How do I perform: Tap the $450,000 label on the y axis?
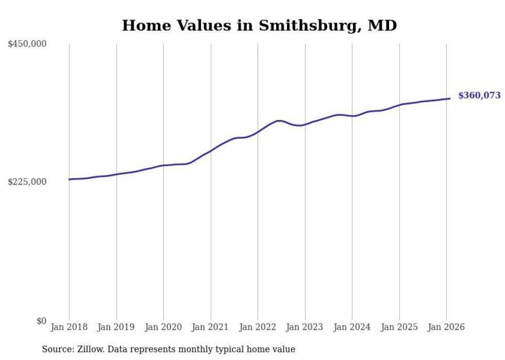[27, 44]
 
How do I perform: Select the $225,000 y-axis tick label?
[27, 182]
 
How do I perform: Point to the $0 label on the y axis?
[41, 321]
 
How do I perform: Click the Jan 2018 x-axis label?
[69, 327]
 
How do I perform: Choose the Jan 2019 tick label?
[116, 327]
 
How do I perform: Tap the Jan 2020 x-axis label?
[163, 327]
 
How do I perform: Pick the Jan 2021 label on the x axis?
[210, 327]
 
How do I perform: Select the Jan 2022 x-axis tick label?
[258, 327]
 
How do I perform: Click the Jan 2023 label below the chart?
[305, 327]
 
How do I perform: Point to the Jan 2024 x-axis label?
[352, 327]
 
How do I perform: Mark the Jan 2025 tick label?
[399, 327]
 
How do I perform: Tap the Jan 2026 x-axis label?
[446, 327]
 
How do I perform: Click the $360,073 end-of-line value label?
[479, 95]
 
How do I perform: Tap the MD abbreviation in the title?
[382, 25]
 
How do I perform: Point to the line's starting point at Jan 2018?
[70, 179]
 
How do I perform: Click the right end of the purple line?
[450, 98]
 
